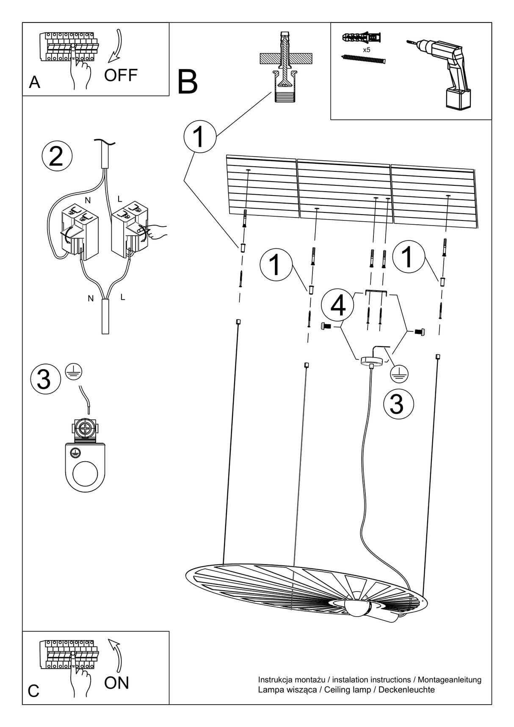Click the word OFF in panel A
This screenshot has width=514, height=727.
121,75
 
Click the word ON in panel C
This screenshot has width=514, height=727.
116,683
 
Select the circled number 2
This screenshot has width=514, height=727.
57,156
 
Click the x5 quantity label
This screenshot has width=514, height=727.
367,50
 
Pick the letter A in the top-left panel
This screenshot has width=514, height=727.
34,82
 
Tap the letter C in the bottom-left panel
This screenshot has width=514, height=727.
33,691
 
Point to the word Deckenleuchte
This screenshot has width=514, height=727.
406,690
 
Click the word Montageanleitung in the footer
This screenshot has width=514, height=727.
450,680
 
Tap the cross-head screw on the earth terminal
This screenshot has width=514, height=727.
86,430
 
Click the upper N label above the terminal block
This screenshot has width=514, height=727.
88,200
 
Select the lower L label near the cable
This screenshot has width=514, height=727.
123,297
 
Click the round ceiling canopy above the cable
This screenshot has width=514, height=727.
371,361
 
